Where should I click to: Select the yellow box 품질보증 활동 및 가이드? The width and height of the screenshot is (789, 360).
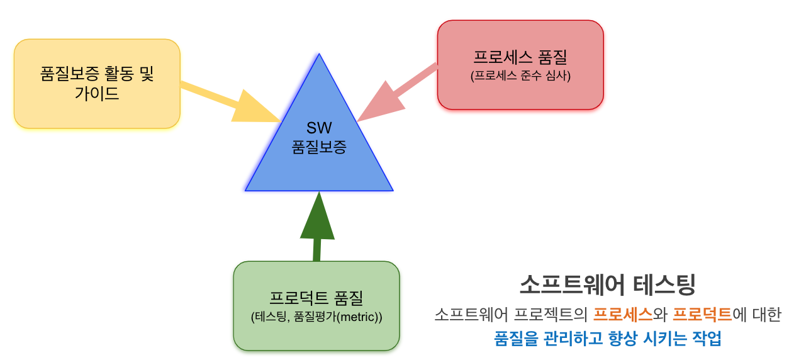97,84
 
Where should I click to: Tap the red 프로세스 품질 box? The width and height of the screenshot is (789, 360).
520,65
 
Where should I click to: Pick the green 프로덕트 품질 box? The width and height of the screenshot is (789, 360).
316,306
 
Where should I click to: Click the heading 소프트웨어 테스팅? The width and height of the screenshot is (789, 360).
607,284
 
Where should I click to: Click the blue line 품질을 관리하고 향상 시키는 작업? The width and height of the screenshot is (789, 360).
607,339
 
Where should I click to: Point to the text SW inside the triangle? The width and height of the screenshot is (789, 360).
319,128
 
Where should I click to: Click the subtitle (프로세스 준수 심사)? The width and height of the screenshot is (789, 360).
520,77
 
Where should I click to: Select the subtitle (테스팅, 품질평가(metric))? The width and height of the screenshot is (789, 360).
316,317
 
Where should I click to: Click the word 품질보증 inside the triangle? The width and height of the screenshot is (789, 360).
319,147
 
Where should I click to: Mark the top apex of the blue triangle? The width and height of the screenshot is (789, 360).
320,56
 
